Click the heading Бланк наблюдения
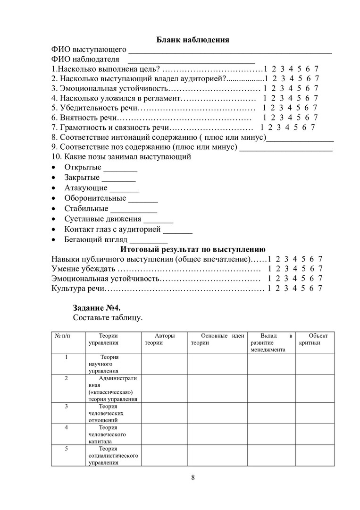[192, 40]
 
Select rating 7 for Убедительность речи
[315, 108]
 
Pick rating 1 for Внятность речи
[265, 118]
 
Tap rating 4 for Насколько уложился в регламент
[291, 98]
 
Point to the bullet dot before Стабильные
[54, 209]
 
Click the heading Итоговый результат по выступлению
[193, 249]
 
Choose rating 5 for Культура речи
[303, 288]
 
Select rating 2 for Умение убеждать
[278, 269]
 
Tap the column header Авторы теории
[164, 339]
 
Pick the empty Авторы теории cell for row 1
[164, 364]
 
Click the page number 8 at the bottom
[193, 476]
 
